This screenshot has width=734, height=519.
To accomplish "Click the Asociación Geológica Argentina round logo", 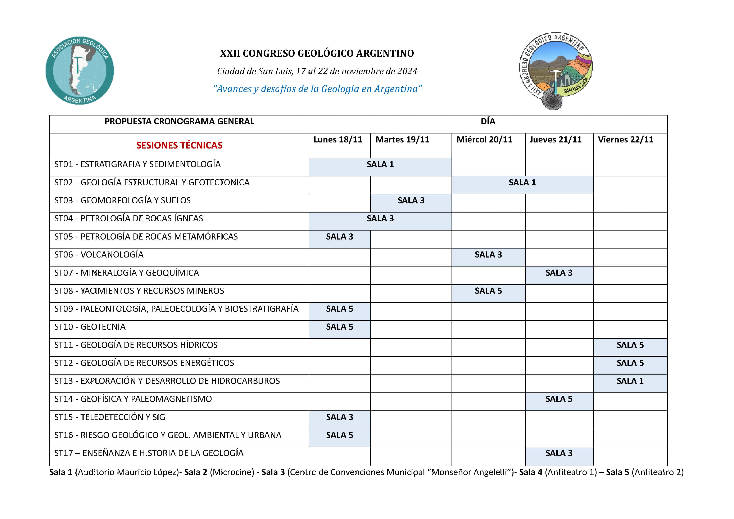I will [80, 70].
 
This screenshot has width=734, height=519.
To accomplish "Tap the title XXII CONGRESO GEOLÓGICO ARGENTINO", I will [317, 53].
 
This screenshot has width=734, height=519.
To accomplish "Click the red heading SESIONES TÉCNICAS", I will [179, 145].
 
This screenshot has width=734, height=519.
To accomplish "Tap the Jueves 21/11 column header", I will [555, 140].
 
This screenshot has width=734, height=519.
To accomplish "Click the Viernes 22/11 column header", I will [625, 140].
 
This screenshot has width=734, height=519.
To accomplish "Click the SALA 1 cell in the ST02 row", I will [522, 182].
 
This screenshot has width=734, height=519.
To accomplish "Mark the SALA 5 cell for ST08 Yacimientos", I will [488, 291].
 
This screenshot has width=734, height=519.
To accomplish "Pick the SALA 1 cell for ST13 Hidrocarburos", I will [630, 381].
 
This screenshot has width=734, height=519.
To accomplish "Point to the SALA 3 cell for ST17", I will [559, 453].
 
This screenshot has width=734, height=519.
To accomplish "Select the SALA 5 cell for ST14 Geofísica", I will [559, 399].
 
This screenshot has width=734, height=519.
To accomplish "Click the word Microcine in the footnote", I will [232, 472].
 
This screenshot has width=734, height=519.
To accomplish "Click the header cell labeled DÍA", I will [488, 122].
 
